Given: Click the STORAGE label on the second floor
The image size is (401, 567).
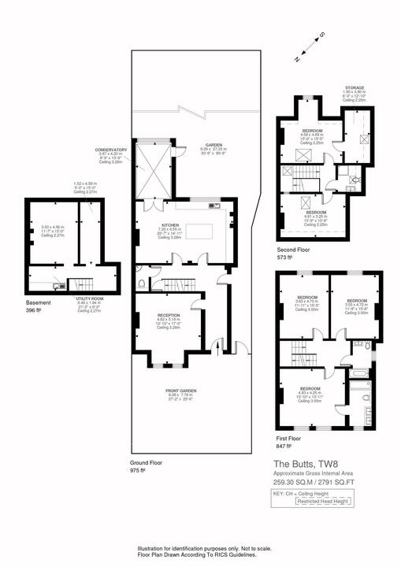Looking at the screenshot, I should click(x=354, y=88).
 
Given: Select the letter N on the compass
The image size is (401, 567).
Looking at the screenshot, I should click(x=296, y=59).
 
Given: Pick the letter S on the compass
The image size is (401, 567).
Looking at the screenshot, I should click(x=322, y=35).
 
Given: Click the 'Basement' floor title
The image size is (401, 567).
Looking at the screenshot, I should click(x=37, y=302).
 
